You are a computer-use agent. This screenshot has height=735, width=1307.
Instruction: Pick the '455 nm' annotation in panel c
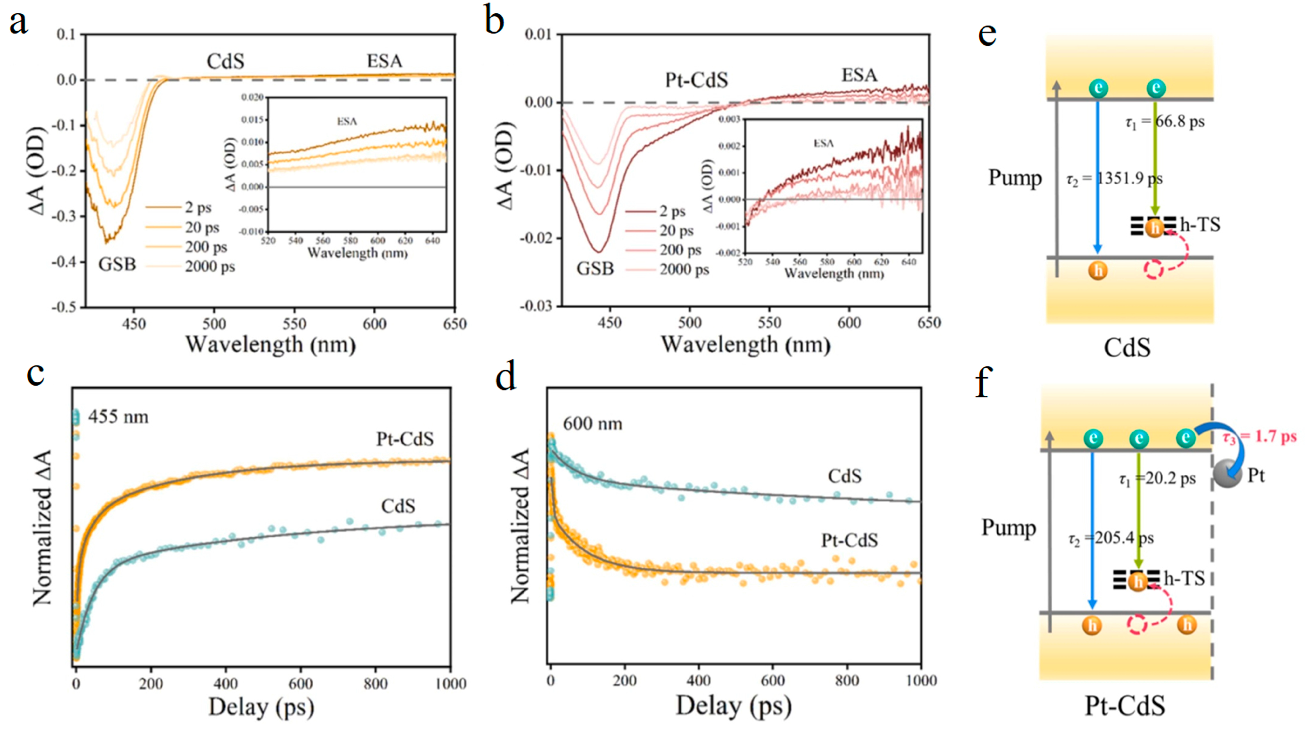(x=118, y=417)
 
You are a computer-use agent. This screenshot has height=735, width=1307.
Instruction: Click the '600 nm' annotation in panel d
(x=592, y=423)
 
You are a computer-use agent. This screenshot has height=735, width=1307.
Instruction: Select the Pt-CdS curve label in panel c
(x=404, y=439)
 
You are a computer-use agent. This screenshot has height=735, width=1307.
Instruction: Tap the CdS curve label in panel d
(x=844, y=476)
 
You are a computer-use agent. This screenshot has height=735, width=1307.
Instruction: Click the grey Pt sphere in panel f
(x=1227, y=475)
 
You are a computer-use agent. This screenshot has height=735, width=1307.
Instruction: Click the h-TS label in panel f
(x=1184, y=578)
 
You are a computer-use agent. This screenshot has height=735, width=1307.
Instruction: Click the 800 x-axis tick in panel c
(x=375, y=684)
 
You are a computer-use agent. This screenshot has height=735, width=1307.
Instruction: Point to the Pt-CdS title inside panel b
(x=696, y=80)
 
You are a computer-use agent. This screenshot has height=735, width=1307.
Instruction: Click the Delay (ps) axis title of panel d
(x=733, y=706)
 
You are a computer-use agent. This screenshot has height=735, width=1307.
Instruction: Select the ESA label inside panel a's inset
(x=347, y=121)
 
